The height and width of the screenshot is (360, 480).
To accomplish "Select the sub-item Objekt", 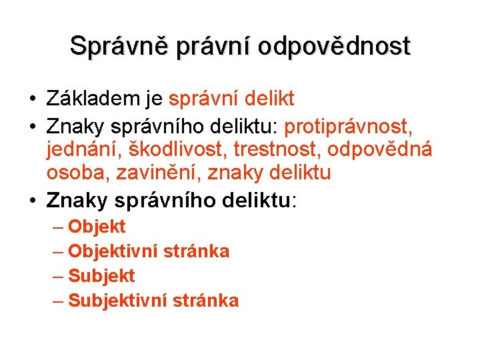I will pyautogui.click(x=97, y=227).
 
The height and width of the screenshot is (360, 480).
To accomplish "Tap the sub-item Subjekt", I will pyautogui.click(x=101, y=276).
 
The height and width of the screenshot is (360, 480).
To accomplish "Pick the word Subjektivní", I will pyautogui.click(x=121, y=301).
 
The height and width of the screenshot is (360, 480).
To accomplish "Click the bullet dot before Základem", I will pyautogui.click(x=32, y=100).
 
